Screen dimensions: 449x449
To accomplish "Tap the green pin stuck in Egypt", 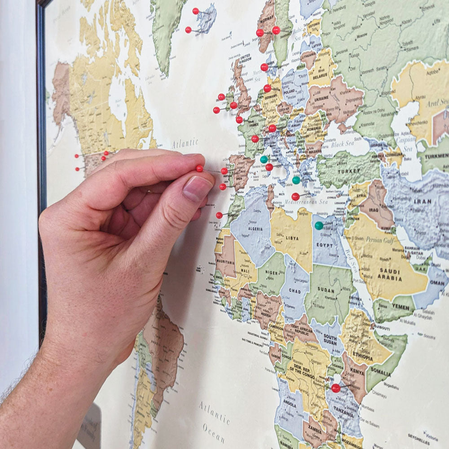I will pos(319,225).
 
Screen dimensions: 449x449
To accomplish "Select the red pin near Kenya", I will pos(336,388).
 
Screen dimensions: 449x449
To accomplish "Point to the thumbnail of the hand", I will pos(197,189).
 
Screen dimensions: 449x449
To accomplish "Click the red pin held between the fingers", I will pos(200,168).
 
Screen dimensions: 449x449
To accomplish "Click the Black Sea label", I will pos(342,144).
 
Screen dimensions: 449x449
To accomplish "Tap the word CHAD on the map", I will pos(295,291).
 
